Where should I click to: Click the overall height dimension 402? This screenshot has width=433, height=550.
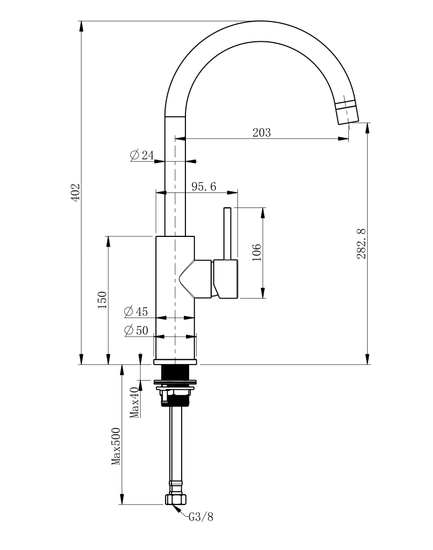[x=76, y=192]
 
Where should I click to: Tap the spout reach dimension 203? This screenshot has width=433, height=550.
[x=262, y=132]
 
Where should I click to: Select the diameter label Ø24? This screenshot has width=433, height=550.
[x=141, y=155]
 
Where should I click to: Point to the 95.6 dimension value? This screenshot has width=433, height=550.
[x=204, y=187]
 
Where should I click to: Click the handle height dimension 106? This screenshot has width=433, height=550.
[x=256, y=252]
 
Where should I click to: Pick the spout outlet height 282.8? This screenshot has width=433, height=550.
[x=361, y=243]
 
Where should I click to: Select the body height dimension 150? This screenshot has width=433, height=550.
[x=102, y=300]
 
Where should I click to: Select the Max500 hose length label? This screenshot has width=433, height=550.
[x=115, y=445]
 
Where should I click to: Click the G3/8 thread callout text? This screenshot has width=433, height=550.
[x=201, y=517]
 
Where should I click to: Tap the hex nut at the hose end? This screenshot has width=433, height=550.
[x=176, y=500]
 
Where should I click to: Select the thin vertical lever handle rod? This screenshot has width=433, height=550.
[x=228, y=233]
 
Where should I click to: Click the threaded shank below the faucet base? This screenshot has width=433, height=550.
[x=175, y=372]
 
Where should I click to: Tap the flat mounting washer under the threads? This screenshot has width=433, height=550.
[x=175, y=383]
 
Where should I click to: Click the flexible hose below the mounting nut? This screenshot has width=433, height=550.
[x=175, y=445]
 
